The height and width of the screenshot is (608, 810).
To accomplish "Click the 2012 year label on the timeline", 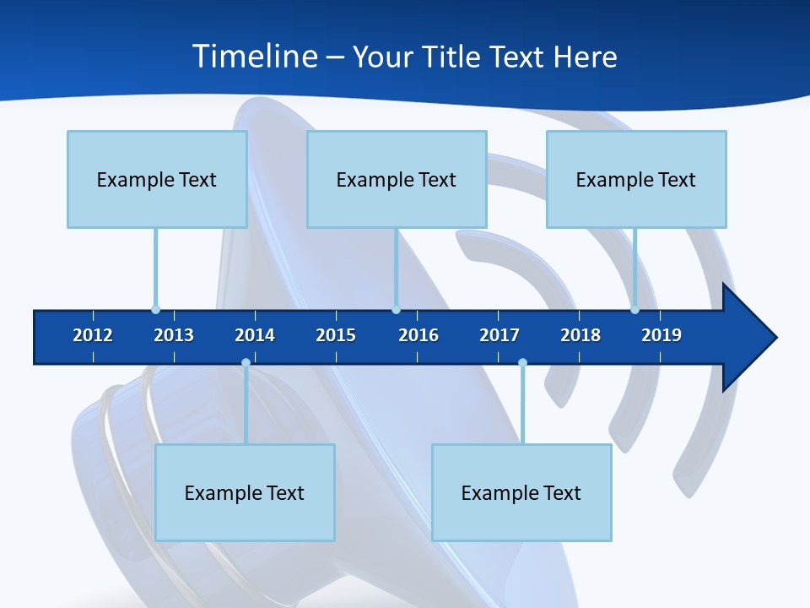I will point(93,335).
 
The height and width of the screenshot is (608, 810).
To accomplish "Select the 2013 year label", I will point(174,335).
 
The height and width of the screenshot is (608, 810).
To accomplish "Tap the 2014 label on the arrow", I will point(255,335).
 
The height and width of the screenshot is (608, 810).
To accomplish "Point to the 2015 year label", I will point(336,335).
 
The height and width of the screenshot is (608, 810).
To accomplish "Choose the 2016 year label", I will point(418,335).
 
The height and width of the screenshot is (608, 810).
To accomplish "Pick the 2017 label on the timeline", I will point(499,335).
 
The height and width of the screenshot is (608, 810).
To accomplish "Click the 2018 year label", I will point(580,335).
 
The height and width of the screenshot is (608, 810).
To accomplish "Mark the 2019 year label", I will point(661,335).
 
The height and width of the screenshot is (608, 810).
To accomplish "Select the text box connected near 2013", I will point(157,179).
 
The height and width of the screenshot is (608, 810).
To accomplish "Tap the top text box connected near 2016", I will point(397,179).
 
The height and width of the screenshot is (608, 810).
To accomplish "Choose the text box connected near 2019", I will point(636,179).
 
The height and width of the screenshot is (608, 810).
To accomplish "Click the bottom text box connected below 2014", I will point(245,492).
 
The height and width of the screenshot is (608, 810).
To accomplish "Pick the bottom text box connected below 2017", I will point(521,492).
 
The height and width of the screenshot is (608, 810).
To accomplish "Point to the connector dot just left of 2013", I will point(155,309).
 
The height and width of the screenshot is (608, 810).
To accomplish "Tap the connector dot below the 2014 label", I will point(246,363).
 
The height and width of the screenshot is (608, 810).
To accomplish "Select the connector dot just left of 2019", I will point(634,309).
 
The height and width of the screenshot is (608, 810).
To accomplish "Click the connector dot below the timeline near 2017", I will point(522,363).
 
